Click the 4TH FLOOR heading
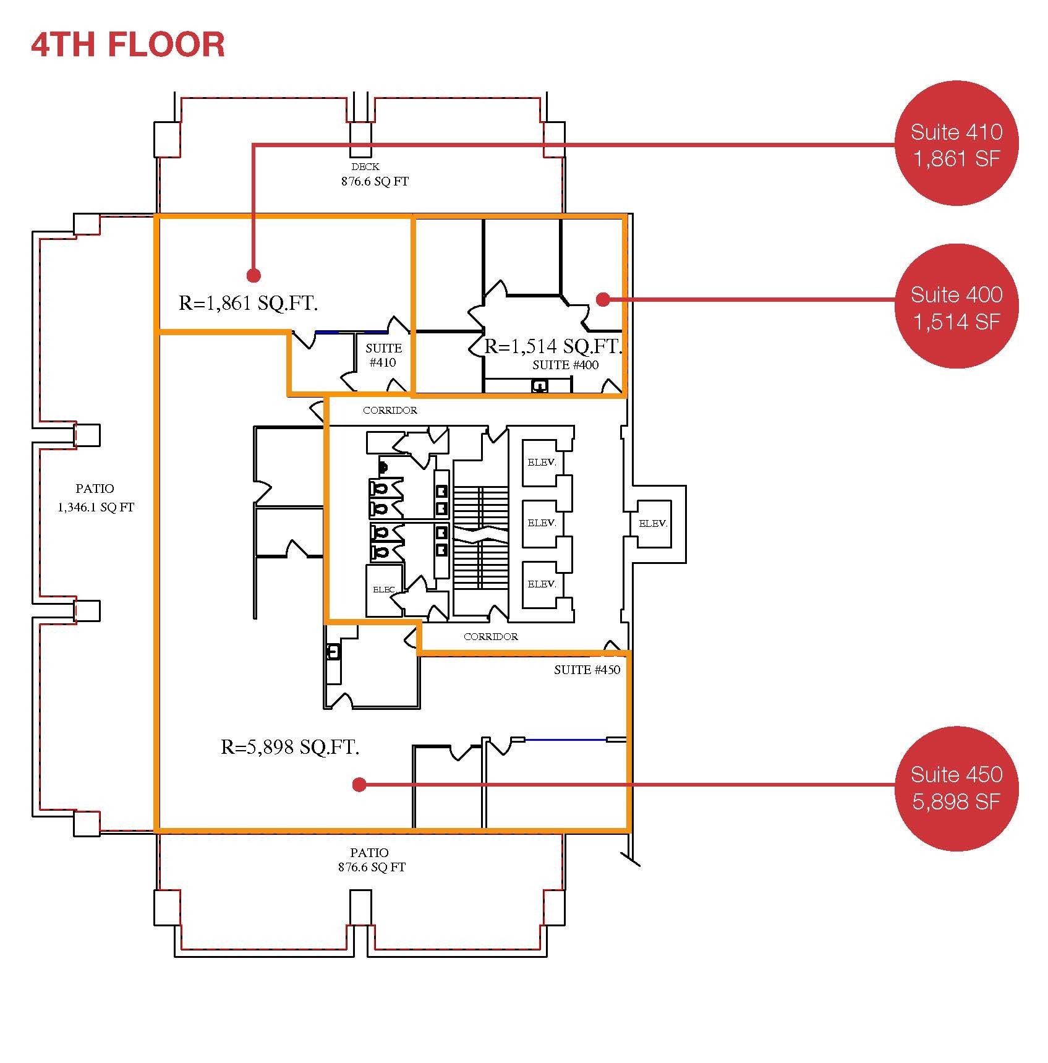pyautogui.click(x=128, y=45)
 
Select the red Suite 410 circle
pyautogui.click(x=956, y=143)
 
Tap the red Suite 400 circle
pyautogui.click(x=956, y=307)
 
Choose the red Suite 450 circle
pyautogui.click(x=956, y=788)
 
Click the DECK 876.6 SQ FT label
pyautogui.click(x=374, y=174)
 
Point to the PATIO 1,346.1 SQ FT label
pyautogui.click(x=95, y=498)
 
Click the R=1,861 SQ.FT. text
pyautogui.click(x=248, y=303)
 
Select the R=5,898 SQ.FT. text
pyautogui.click(x=290, y=747)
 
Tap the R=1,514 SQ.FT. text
pyautogui.click(x=552, y=346)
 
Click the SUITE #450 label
pyautogui.click(x=587, y=670)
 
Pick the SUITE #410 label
pyautogui.click(x=383, y=356)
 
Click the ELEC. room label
pyautogui.click(x=383, y=590)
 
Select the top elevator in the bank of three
pyautogui.click(x=542, y=462)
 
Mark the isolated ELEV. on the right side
pyautogui.click(x=653, y=523)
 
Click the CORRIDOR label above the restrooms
pyautogui.click(x=390, y=410)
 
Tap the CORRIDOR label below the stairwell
pyautogui.click(x=490, y=636)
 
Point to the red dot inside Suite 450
pyautogui.click(x=359, y=785)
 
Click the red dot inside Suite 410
pyautogui.click(x=253, y=275)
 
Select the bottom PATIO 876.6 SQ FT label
pyautogui.click(x=371, y=860)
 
